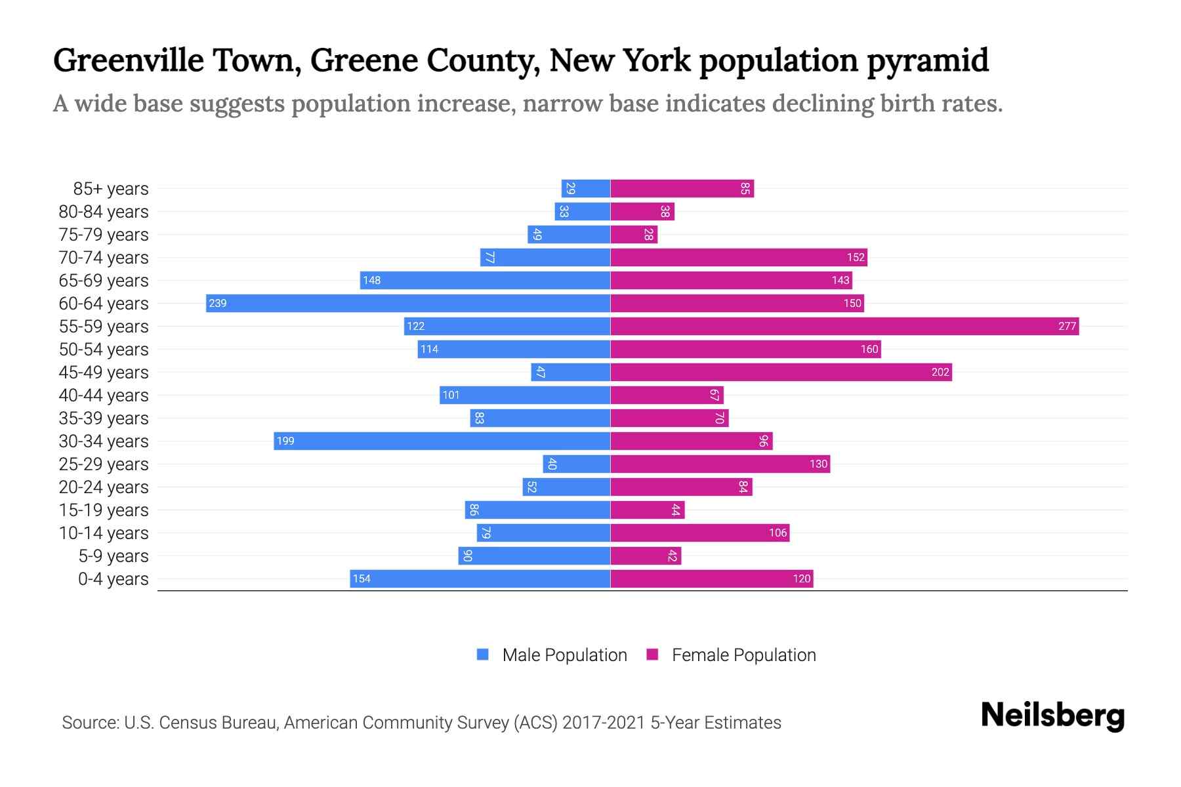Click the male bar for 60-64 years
(x=408, y=303)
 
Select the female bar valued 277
(x=844, y=326)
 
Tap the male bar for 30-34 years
(x=442, y=441)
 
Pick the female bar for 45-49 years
(x=781, y=372)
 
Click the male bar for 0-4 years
(x=480, y=578)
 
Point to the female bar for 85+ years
(x=682, y=188)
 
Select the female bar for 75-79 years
(x=634, y=234)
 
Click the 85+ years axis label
(x=111, y=189)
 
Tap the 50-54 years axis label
(x=104, y=350)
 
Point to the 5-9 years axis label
(x=114, y=556)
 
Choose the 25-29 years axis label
(x=104, y=464)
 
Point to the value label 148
(x=371, y=280)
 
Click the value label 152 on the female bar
(x=856, y=257)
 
